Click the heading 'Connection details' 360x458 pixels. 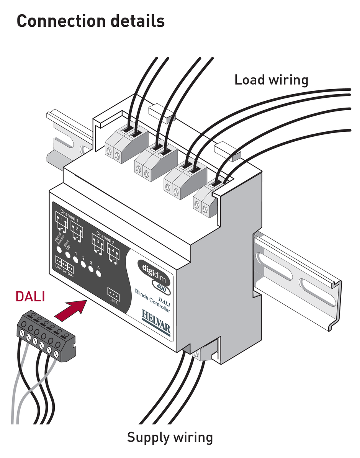pos(91,21)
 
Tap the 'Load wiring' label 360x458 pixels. pos(271,80)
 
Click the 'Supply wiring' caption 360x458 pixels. pos(170,437)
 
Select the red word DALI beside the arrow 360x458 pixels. pos(30,296)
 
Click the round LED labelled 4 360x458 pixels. pos(98,273)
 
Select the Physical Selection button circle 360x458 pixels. pos(59,249)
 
